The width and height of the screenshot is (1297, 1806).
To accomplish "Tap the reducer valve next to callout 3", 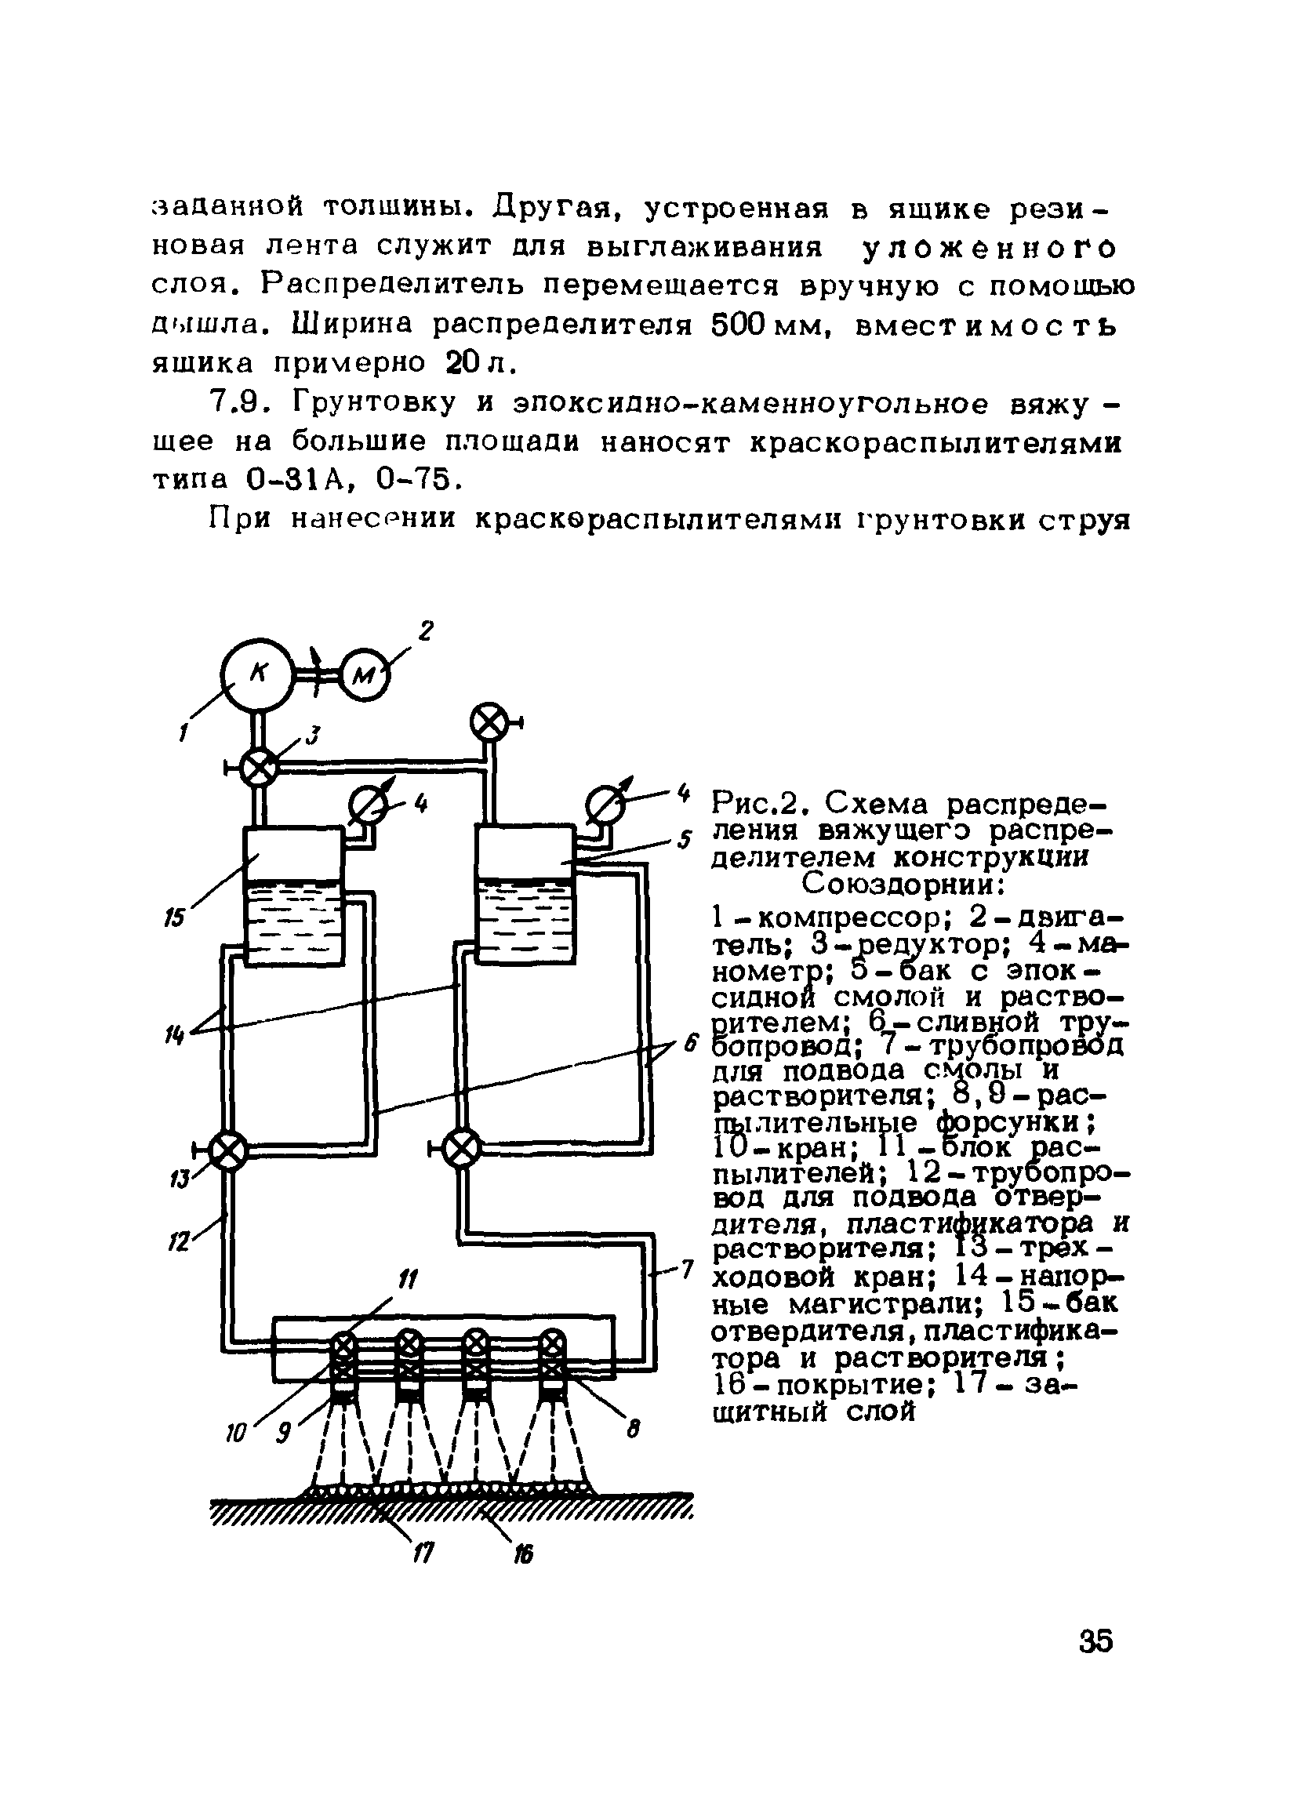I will [x=258, y=768].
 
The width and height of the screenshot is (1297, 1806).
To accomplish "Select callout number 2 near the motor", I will [x=426, y=631].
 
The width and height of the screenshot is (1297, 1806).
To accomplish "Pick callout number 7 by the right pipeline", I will [x=687, y=1270].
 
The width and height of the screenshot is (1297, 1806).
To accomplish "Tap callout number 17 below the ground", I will [x=423, y=1551].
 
